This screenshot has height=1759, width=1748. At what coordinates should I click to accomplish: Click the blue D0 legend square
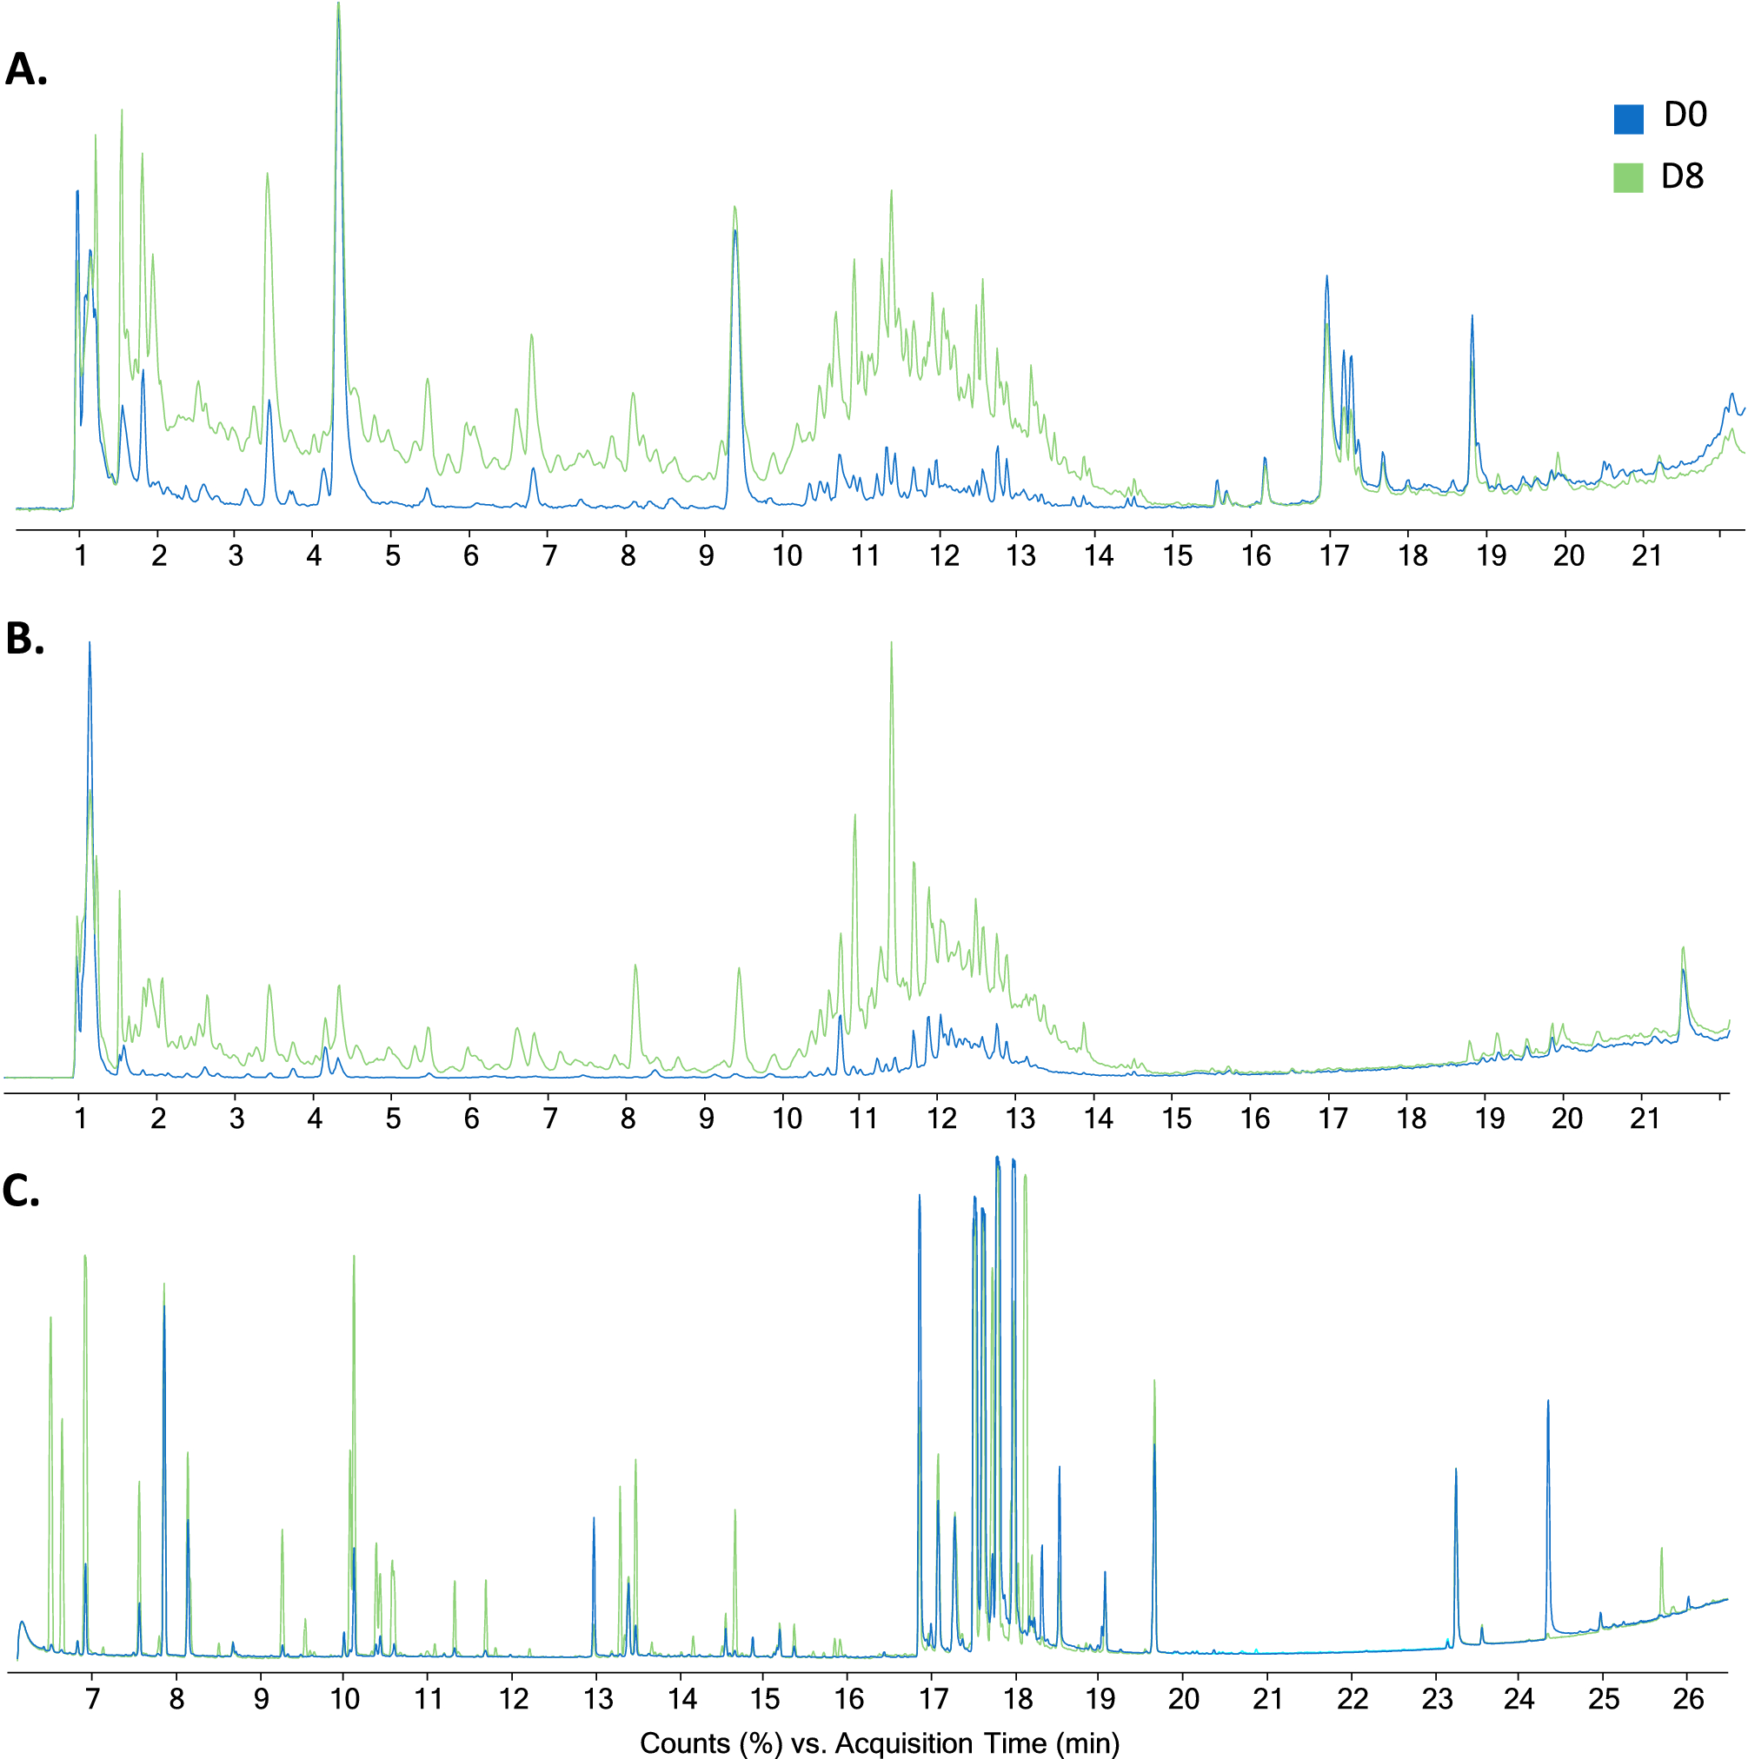1629,119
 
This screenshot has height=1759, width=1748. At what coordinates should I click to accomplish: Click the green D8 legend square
1629,177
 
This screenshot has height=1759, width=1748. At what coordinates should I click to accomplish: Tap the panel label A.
25,70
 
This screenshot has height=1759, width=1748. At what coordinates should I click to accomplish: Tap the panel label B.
24,639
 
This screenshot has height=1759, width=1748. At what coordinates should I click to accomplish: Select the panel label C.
22,1190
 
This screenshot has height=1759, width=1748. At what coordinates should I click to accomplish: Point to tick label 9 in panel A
707,555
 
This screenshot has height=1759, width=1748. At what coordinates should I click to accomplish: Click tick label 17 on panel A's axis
1333,555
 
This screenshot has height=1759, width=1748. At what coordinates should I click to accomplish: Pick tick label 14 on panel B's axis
1099,1118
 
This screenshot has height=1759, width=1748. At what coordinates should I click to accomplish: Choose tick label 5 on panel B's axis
393,1118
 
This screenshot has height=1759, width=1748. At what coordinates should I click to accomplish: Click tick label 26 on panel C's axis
1689,1699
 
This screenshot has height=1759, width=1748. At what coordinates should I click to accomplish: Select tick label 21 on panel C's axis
1268,1699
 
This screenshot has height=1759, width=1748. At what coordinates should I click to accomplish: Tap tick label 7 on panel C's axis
92,1699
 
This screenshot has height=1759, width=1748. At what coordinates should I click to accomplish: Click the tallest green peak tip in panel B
891,643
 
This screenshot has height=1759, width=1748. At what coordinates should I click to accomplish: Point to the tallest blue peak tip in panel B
90,643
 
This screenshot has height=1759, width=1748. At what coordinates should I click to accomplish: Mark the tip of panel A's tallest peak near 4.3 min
339,4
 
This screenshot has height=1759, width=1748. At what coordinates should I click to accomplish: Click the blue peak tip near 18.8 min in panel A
1472,317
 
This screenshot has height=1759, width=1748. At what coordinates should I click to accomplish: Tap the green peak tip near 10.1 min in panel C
354,1257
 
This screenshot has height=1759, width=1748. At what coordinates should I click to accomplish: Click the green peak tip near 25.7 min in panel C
1661,1549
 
